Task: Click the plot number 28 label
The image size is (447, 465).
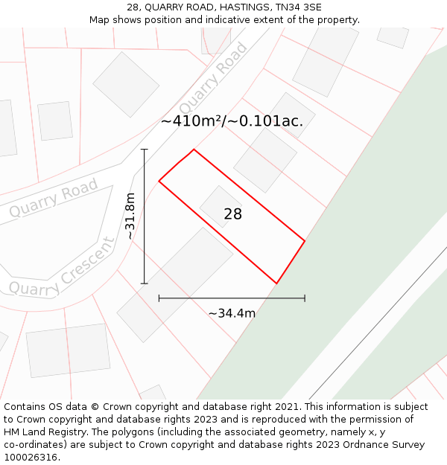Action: coord(232,214)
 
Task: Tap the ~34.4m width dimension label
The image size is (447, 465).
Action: coord(232,313)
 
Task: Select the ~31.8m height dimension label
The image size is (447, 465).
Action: coord(130,216)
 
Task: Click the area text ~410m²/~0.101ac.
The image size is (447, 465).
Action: coord(232,121)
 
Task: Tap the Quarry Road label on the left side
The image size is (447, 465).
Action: coord(54,199)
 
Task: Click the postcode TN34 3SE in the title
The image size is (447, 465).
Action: coord(297,7)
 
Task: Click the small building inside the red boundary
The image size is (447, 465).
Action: coord(221,206)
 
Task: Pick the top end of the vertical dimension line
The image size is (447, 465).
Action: coord(145,150)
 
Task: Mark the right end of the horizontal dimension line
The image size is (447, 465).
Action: coord(305,298)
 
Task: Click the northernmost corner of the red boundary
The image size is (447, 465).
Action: coord(194,150)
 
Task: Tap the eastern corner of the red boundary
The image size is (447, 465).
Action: coord(305,240)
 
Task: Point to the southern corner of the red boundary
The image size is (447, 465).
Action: coord(276,283)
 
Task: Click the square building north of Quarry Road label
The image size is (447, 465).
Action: coord(126,84)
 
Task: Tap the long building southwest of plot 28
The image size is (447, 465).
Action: coord(175,284)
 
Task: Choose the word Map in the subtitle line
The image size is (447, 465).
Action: coord(101,20)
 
